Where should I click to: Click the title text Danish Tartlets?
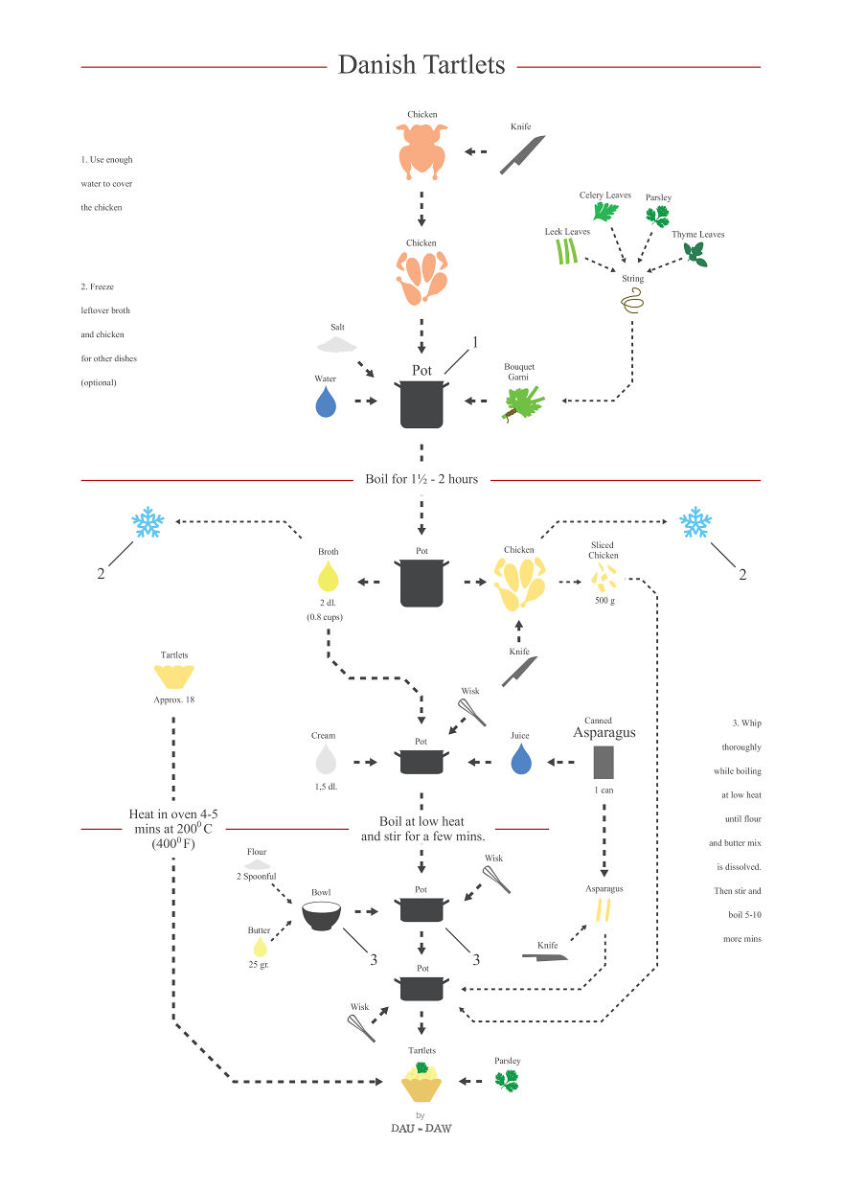(421, 65)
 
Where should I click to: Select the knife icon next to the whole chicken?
(522, 154)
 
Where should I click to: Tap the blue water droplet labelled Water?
(327, 402)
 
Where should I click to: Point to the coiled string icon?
(632, 304)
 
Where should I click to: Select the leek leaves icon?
(567, 251)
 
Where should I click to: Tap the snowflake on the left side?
(148, 523)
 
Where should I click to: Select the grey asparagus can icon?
(604, 762)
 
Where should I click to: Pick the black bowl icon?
(322, 916)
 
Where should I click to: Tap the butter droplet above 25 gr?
(258, 948)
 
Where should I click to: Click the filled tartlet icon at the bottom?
(421, 1082)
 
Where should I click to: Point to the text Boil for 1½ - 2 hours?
(421, 479)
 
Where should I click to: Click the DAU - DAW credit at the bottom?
(421, 1128)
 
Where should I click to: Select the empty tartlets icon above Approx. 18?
(174, 677)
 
